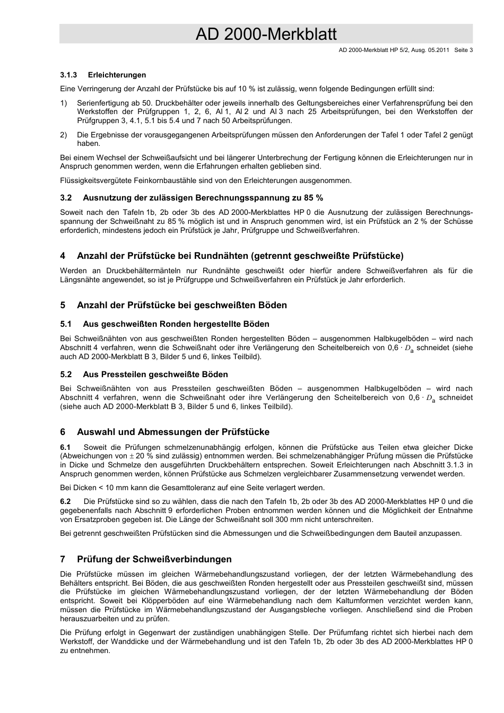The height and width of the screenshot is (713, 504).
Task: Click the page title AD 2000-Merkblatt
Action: (x=266, y=34)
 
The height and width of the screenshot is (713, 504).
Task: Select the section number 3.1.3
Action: (x=69, y=75)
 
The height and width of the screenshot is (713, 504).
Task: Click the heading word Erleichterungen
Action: (x=117, y=75)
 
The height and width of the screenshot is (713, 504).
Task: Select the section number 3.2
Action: (x=66, y=198)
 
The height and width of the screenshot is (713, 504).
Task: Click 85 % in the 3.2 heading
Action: (x=313, y=198)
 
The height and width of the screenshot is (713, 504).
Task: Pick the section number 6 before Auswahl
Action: (x=63, y=432)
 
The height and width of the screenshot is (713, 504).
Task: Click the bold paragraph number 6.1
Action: (x=66, y=447)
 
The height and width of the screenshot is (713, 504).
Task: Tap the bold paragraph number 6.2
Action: (x=66, y=501)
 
